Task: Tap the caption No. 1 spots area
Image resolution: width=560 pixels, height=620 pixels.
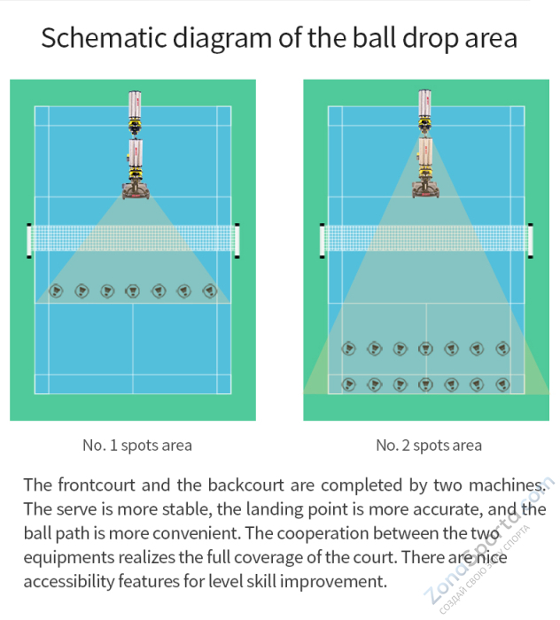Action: pos(137,445)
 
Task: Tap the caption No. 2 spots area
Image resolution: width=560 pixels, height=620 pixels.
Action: pos(429,445)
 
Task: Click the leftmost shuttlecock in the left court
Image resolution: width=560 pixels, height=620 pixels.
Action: pos(57,290)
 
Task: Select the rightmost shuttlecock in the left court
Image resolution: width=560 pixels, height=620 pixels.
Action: pos(210,290)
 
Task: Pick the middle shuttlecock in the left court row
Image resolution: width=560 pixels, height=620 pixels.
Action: pos(133,290)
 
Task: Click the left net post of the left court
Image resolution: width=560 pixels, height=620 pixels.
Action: pos(29,240)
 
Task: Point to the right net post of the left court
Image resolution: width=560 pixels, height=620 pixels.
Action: pos(237,240)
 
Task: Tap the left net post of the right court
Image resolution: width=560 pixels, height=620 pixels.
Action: pos(323,240)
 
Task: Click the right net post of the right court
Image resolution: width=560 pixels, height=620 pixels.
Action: pos(530,240)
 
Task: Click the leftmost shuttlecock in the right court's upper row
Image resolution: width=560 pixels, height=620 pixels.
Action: pos(348,348)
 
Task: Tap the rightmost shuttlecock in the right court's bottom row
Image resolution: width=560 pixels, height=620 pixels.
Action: pos(502,384)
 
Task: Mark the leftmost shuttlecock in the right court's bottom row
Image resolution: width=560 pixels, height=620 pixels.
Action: pos(348,384)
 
